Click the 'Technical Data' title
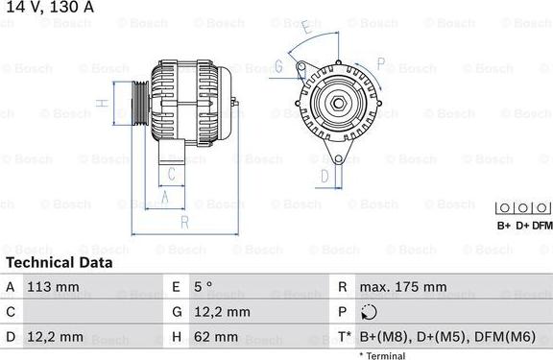point(59,262)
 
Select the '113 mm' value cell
point(54,286)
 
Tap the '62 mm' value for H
point(217,337)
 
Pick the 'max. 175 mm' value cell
point(403,286)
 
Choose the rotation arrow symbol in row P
point(371,312)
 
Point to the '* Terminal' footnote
point(382,354)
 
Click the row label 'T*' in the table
point(343,337)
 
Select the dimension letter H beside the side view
point(99,103)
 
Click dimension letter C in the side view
point(171,174)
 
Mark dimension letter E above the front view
point(305,29)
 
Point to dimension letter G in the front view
point(278,66)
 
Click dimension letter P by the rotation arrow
point(380,64)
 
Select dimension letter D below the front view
point(325,176)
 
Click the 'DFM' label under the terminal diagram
point(541,226)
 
